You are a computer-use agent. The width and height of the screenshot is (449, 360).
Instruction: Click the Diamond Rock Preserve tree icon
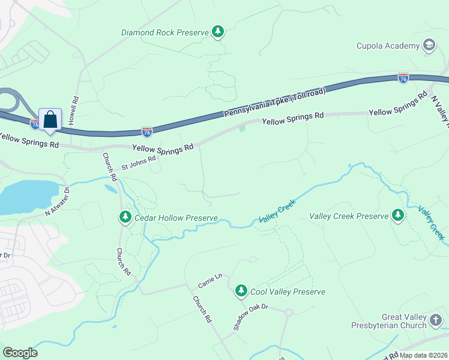[x=218, y=32]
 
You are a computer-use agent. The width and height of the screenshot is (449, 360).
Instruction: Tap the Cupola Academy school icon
[x=429, y=46]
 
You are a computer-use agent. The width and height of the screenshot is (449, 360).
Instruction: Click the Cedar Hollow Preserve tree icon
[x=125, y=217]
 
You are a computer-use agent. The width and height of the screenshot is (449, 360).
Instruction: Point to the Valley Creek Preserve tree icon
[x=397, y=215]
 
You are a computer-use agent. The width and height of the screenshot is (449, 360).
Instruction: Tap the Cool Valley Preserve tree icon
[x=241, y=291]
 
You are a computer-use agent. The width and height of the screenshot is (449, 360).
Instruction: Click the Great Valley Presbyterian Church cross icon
[x=436, y=320]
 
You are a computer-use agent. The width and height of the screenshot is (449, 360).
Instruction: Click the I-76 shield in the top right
[x=403, y=78]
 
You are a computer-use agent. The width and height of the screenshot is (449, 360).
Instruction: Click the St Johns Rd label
[x=139, y=162]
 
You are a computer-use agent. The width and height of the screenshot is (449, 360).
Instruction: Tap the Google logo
[x=20, y=352]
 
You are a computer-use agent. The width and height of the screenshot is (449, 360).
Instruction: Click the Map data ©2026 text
[x=423, y=355]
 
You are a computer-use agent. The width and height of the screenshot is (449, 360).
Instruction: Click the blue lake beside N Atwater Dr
[x=24, y=195]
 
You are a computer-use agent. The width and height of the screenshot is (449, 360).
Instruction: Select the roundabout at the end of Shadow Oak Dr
[x=288, y=312]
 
